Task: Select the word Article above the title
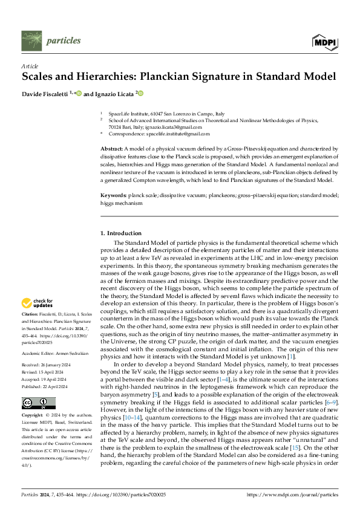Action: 30,65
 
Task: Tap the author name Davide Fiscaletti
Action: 45,93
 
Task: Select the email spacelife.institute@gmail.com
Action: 176,134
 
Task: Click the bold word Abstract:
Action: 112,148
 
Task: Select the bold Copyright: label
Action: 33,400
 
